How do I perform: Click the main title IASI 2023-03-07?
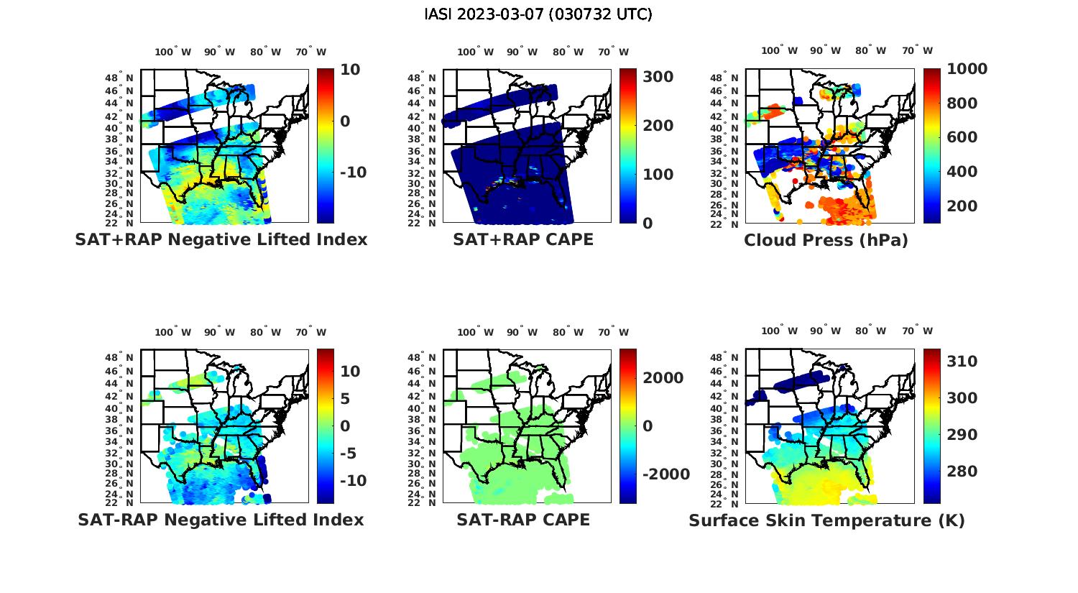click(538, 14)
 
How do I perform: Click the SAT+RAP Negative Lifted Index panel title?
click(221, 239)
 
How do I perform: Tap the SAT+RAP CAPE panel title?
click(523, 239)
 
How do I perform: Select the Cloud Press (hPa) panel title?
click(826, 240)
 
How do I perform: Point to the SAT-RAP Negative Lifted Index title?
click(221, 520)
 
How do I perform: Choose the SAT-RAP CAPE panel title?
click(523, 520)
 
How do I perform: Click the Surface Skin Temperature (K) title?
click(826, 520)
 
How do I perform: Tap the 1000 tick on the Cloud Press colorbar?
click(967, 69)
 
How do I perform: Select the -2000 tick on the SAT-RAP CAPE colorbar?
click(665, 474)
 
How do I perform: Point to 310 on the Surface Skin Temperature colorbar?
click(962, 362)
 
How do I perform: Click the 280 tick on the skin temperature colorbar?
click(962, 472)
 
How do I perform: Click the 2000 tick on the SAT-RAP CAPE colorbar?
click(663, 378)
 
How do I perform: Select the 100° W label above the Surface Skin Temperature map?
click(780, 331)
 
